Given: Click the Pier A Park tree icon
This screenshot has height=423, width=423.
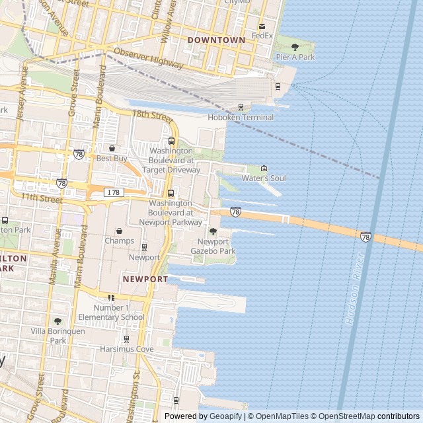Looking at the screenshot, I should click(x=295, y=47).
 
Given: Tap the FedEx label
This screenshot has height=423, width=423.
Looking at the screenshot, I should click(x=262, y=35).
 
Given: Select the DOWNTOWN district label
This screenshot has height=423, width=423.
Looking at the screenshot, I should click(x=216, y=40).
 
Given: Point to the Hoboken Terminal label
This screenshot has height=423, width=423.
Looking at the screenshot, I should click(x=241, y=118).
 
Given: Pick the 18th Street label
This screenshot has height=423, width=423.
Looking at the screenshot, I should click(x=151, y=114).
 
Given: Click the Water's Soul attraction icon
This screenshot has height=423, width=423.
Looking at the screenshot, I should click(x=264, y=169).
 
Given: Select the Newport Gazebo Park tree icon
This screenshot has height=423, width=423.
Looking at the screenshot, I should click(x=213, y=231).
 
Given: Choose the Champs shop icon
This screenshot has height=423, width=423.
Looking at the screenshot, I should click(x=119, y=231).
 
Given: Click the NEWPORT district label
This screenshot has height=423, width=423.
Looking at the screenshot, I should click(x=145, y=280).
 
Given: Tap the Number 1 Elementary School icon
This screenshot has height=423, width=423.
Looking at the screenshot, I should click(x=111, y=297).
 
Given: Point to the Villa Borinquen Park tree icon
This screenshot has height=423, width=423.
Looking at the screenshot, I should click(x=58, y=321).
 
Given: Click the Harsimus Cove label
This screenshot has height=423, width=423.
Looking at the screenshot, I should click(x=127, y=348).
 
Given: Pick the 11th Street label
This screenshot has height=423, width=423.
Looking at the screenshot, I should click(x=41, y=198).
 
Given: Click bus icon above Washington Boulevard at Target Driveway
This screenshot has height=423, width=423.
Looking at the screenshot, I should click(x=172, y=141).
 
